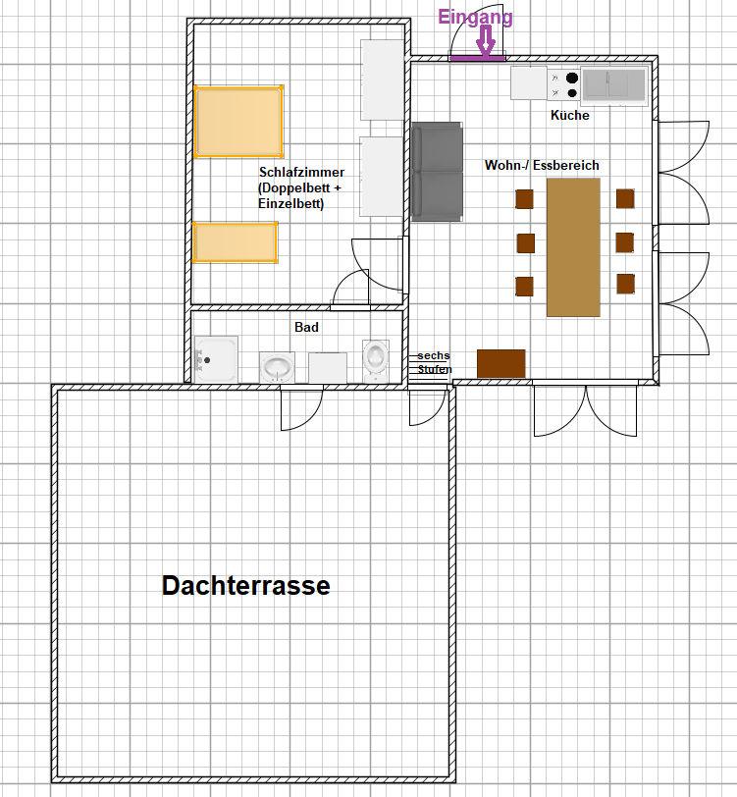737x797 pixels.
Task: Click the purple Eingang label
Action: pos(475,17)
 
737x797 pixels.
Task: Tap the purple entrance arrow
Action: pos(487,40)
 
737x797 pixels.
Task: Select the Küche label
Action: pos(570,116)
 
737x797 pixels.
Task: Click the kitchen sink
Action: pos(614,84)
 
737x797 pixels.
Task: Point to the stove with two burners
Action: pos(563,84)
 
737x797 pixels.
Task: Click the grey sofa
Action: pos(437,172)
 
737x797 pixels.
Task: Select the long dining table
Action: pos(573,247)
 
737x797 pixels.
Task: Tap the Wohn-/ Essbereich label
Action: pos(542,165)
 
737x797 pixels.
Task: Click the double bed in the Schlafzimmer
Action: pos(238,122)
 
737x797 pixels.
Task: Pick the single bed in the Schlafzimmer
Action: pos(236,242)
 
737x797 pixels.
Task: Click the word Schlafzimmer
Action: pos(301,172)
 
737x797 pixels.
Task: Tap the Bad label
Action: pos(306,327)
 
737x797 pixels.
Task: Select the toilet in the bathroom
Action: pos(376,361)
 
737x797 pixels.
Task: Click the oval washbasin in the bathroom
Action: pos(277,367)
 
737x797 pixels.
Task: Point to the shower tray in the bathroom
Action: pos(216,359)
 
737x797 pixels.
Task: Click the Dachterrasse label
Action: pos(246,586)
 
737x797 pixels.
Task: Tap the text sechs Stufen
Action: pos(434,362)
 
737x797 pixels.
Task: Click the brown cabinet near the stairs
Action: pos(501,363)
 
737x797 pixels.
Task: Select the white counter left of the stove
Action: pos(529,82)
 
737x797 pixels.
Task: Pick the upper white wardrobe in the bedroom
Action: pos(382,80)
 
